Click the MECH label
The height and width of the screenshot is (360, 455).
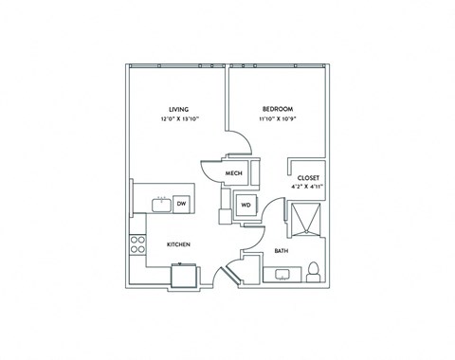click(x=235, y=173)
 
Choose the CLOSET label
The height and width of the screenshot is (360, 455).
click(x=308, y=178)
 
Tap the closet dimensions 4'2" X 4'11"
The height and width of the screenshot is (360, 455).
click(x=308, y=189)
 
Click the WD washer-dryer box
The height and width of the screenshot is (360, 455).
click(x=245, y=204)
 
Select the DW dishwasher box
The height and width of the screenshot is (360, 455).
click(x=181, y=203)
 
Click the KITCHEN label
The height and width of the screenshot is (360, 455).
click(x=179, y=244)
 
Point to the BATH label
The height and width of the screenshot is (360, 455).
click(x=282, y=251)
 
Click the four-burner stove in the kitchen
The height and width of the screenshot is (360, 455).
click(x=138, y=246)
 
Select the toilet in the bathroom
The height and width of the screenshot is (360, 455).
click(x=314, y=273)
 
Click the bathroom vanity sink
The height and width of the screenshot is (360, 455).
click(x=282, y=276)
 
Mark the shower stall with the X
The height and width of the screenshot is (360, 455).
click(x=305, y=218)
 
